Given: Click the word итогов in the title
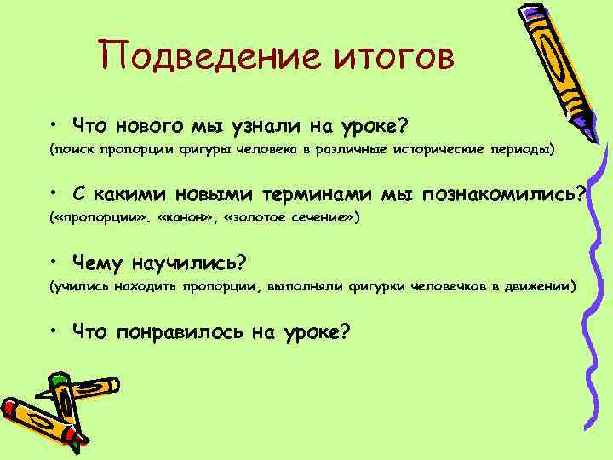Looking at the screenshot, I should tap(383, 57).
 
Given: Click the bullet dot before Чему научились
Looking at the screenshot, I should tap(54, 262).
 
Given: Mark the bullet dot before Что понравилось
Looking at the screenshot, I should tap(54, 330).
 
